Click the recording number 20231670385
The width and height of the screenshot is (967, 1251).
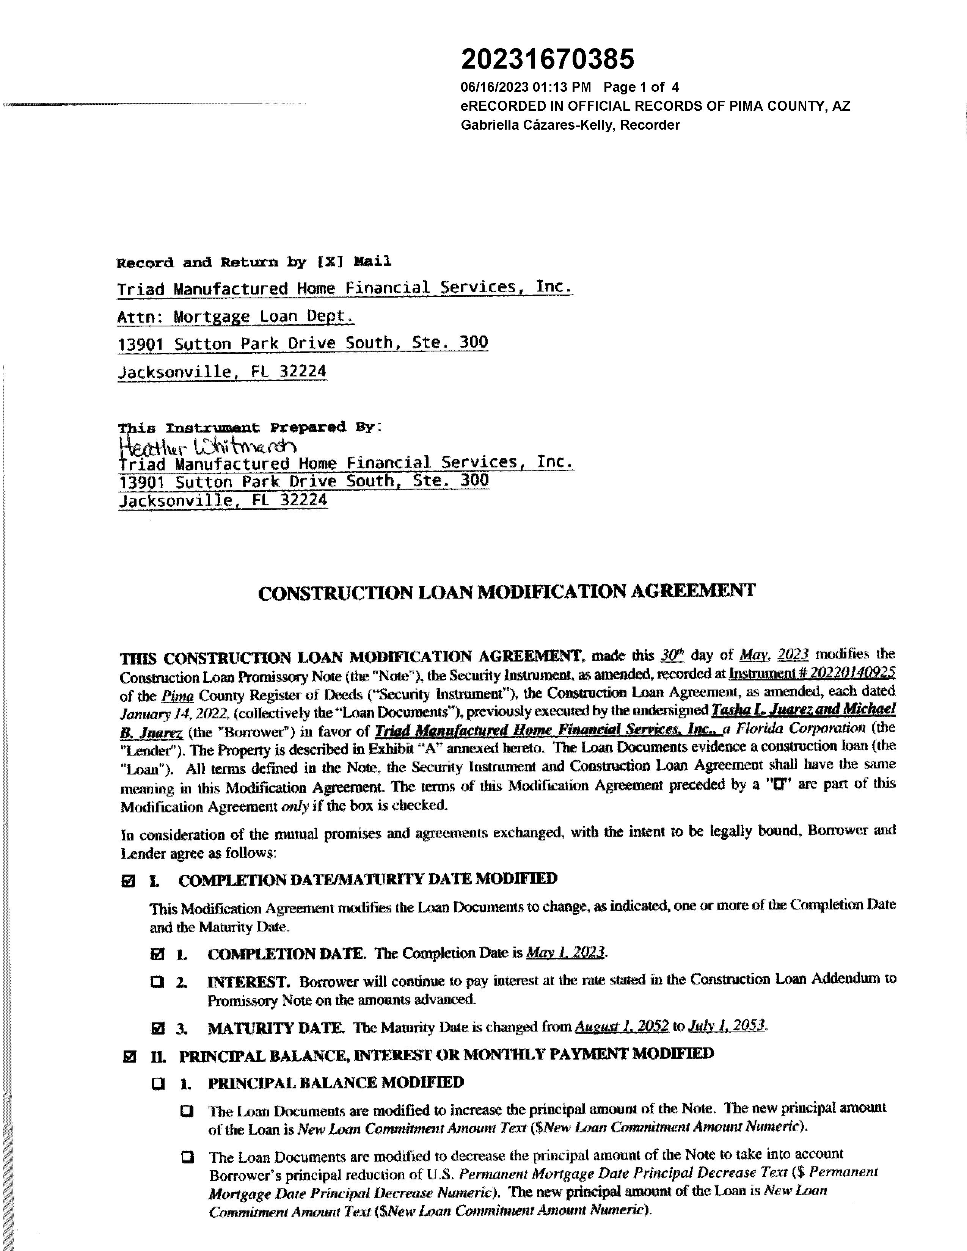[x=548, y=59]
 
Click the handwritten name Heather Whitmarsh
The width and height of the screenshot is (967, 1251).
[x=207, y=445]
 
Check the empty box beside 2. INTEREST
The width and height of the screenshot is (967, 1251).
[x=157, y=982]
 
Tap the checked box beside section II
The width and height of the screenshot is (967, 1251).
[x=129, y=1055]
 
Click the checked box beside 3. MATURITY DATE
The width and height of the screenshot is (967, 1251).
[x=157, y=1028]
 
